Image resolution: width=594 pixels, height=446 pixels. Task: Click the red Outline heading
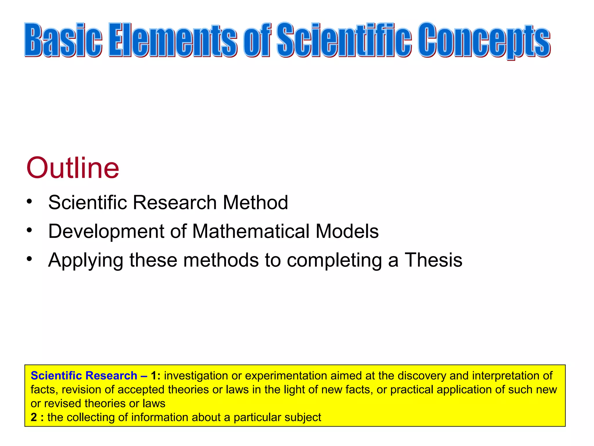(73, 168)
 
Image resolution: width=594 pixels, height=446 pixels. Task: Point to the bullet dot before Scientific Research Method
(29, 201)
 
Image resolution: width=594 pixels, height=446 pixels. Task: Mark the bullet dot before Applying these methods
(29, 259)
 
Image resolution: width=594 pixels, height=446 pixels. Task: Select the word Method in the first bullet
(255, 202)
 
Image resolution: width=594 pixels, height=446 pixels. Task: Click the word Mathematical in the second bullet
(251, 231)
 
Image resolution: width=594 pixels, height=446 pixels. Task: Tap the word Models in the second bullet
(347, 231)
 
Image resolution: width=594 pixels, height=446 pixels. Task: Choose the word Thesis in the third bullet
(433, 260)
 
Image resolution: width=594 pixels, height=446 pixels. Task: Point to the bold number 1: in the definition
(156, 375)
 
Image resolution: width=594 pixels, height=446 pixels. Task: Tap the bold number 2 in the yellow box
(34, 417)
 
